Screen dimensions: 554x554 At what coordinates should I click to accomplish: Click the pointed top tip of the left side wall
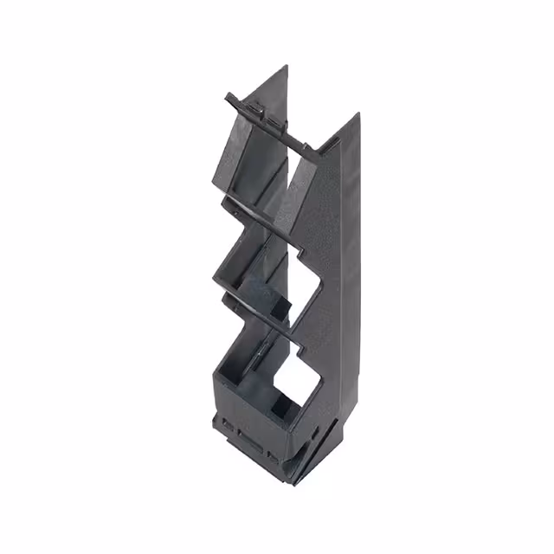click(287, 67)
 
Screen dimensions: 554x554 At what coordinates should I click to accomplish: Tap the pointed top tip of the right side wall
click(356, 113)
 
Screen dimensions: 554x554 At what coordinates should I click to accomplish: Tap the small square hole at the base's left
click(227, 426)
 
